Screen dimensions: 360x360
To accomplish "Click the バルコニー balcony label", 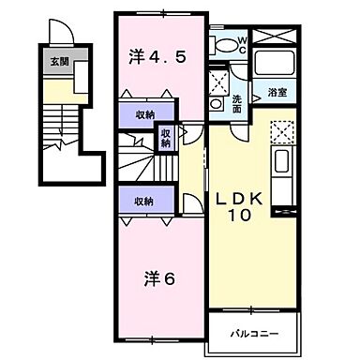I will point(252,333).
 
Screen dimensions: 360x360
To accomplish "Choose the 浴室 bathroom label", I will point(277,93).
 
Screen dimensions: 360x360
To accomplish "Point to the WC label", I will point(241,44).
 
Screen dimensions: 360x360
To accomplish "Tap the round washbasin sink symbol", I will point(217,103).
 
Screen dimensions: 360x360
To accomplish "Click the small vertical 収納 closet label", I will point(166,140).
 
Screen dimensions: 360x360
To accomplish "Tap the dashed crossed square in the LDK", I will point(282,132).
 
